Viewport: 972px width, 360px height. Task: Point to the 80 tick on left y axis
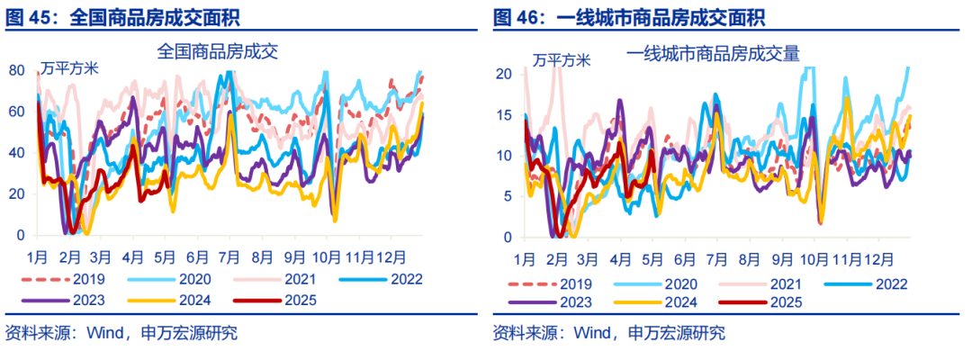[x=16, y=70]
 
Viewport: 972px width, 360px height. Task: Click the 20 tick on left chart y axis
[x=16, y=193]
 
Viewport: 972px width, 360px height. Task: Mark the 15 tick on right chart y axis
[x=505, y=114]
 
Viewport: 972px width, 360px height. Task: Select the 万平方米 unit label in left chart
[x=69, y=67]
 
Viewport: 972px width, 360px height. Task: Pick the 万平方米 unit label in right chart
[x=561, y=61]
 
